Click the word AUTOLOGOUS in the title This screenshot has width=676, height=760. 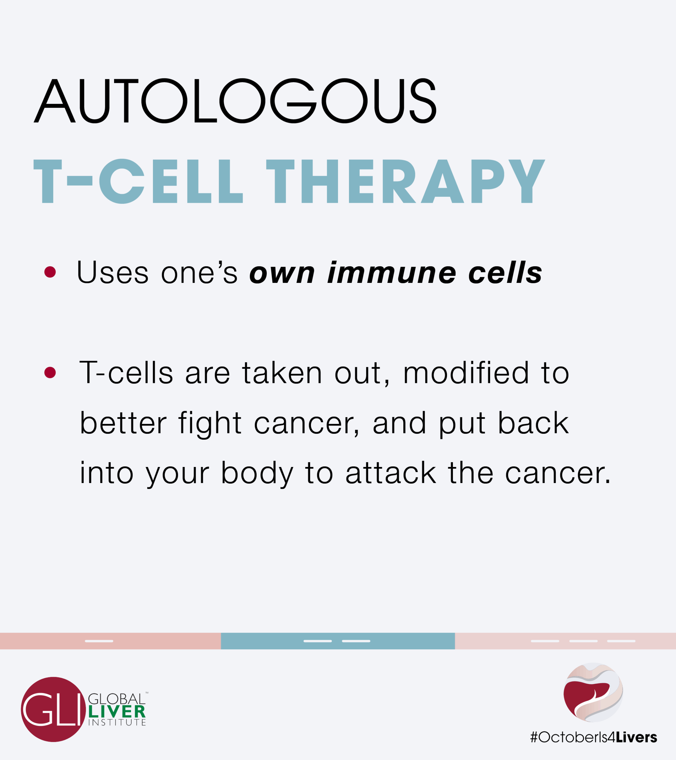235,100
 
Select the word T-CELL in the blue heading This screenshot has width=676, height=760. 138,181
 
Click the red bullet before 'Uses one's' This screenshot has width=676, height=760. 50,272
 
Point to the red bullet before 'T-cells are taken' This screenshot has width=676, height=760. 50,372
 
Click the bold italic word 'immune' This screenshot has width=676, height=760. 392,272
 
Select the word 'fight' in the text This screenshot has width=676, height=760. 210,424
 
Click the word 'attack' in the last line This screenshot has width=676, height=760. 391,473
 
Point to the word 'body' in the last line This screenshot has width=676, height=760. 258,474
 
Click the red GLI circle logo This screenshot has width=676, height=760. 53,710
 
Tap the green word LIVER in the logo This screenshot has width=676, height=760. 117,712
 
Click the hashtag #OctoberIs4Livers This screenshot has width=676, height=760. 593,737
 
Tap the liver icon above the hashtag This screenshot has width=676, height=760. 593,692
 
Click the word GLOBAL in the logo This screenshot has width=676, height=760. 116,699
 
